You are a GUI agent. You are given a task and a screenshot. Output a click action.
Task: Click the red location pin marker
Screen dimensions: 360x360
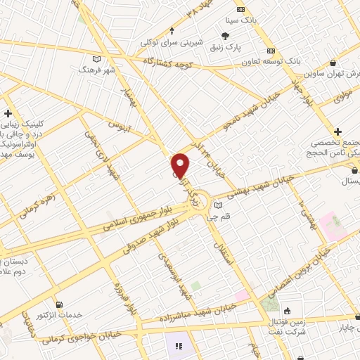[x=181, y=165]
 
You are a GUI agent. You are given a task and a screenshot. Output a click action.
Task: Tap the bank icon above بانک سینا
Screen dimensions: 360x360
[x=241, y=9]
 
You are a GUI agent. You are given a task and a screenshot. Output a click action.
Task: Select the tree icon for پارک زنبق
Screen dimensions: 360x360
[x=224, y=36]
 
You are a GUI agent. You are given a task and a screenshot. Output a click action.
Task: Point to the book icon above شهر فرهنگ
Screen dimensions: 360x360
[x=96, y=59]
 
